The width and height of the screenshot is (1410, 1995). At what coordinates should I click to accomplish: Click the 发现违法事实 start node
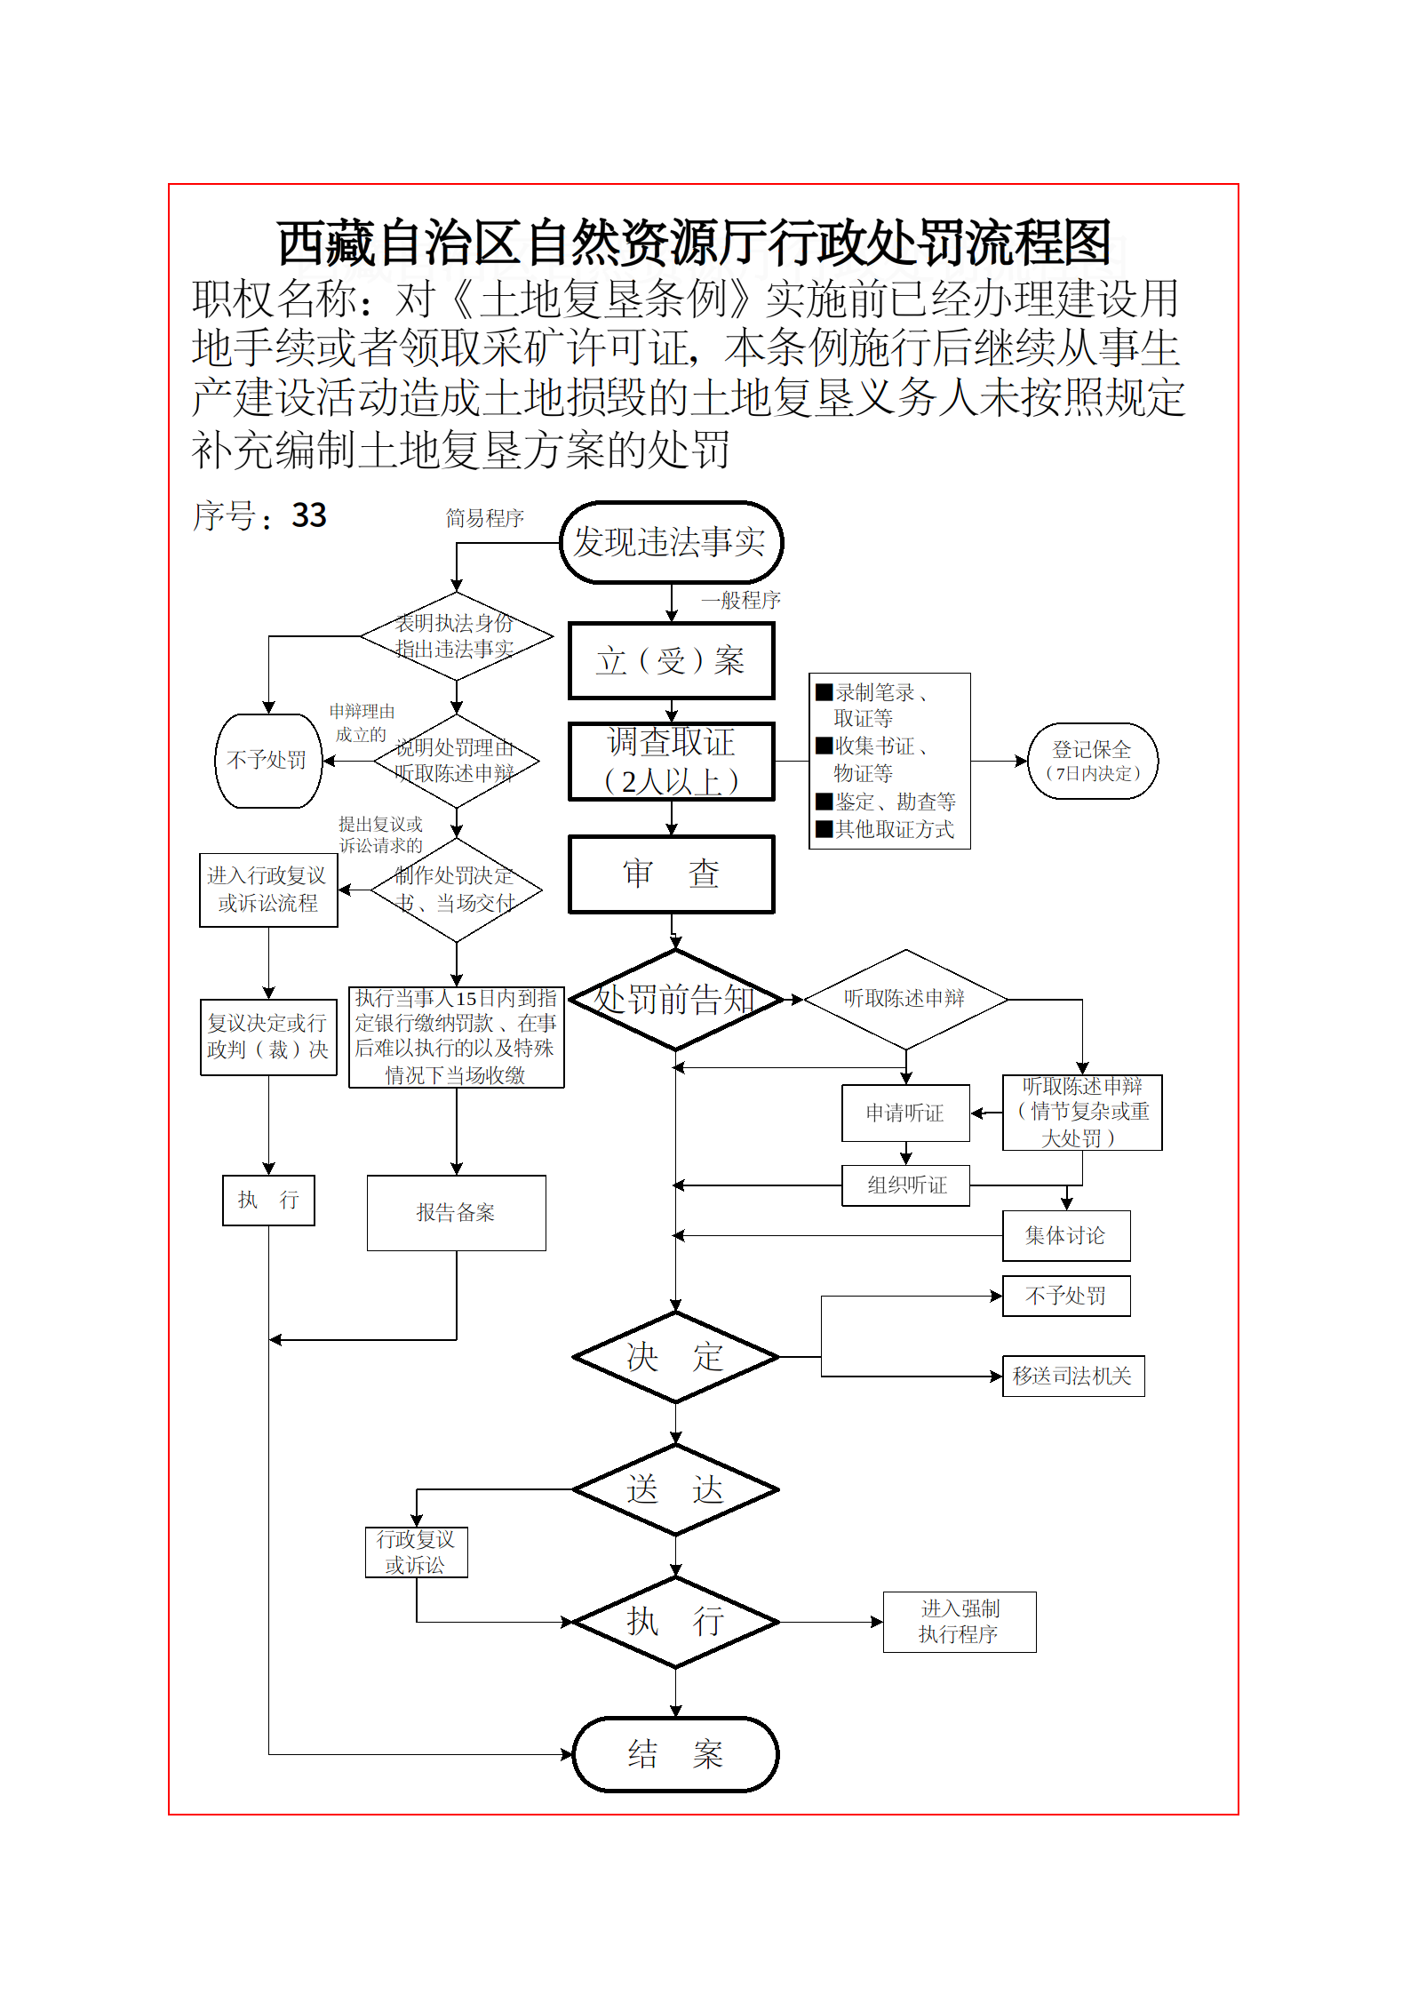coord(671,542)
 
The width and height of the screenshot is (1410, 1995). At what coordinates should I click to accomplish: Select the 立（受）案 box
coord(671,660)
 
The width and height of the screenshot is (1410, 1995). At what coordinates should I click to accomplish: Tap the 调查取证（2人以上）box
coord(671,762)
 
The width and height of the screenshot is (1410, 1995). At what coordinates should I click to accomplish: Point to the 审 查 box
coord(671,874)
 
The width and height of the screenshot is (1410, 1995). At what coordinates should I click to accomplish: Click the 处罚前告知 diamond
coord(674,1000)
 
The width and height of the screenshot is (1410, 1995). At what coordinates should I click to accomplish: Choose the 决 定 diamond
coord(675,1357)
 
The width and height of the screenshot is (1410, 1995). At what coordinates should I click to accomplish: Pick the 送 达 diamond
coord(675,1489)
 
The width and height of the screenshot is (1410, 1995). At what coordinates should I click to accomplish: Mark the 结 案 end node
coord(675,1754)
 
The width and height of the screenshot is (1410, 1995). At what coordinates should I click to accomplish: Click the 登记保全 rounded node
coord(1092,761)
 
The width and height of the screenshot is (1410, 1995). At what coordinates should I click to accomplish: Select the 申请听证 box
coord(905,1113)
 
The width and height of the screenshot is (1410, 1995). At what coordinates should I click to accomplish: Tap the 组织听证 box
coord(905,1185)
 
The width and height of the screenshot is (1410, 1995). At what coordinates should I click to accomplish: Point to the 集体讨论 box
coord(1065,1235)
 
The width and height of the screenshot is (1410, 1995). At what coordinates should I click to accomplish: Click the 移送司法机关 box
coord(1072,1376)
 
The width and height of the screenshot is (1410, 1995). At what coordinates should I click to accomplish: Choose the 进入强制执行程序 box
coord(959,1622)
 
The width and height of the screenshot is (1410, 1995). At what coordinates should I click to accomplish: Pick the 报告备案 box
coord(456,1213)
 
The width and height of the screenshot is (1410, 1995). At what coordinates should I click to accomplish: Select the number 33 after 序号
coord(309,515)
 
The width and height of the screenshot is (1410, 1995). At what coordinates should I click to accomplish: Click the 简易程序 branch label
coord(484,518)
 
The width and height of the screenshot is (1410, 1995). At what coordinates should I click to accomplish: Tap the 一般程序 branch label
coord(740,601)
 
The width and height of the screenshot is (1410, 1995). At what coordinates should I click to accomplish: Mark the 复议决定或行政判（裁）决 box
coord(268,1037)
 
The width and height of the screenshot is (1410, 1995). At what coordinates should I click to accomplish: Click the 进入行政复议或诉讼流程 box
coord(268,890)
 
